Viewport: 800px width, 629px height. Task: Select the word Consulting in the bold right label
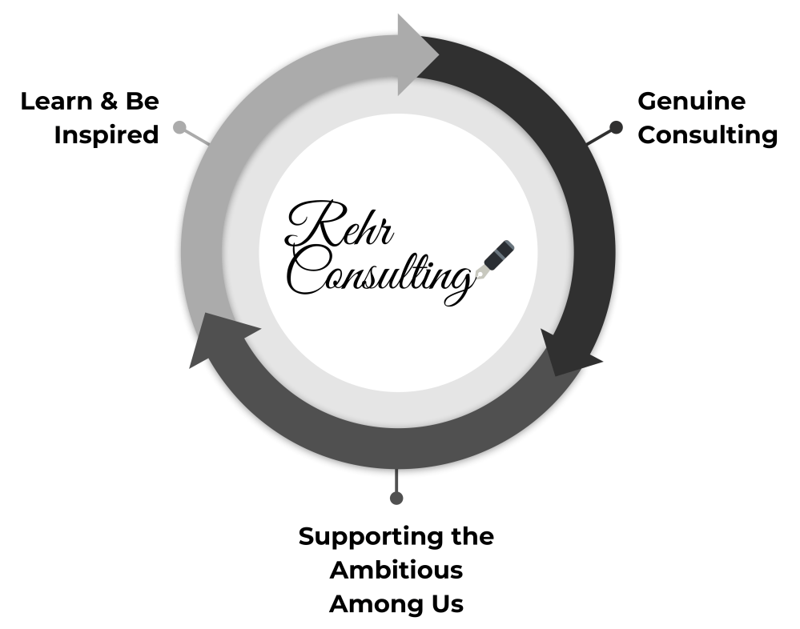click(x=707, y=135)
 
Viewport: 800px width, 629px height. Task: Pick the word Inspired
click(x=107, y=135)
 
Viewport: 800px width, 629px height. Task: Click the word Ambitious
click(x=396, y=571)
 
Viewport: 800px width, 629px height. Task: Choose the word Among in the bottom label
click(x=370, y=604)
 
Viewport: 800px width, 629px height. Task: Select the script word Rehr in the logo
click(x=340, y=225)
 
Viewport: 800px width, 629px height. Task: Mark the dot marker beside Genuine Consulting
click(x=616, y=126)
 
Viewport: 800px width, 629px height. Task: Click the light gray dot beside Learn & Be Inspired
click(x=179, y=126)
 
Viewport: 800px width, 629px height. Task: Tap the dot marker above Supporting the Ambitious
click(x=396, y=498)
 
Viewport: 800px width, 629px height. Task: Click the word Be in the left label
click(x=142, y=102)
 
